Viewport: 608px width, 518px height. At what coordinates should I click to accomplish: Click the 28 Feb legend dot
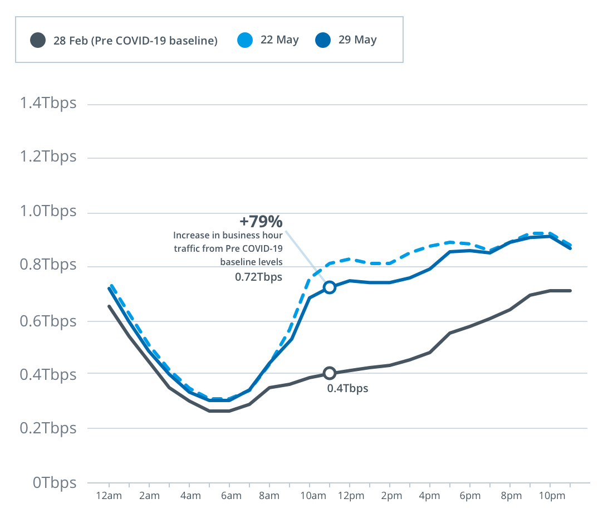tap(38, 40)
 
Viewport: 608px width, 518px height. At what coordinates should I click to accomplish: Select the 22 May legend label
tap(280, 40)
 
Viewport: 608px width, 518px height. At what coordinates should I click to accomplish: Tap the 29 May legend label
tap(357, 40)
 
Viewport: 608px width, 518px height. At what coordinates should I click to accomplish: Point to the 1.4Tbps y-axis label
tap(47, 104)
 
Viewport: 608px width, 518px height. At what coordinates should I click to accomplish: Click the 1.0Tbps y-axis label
tap(47, 212)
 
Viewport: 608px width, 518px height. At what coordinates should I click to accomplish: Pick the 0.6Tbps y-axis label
tap(47, 321)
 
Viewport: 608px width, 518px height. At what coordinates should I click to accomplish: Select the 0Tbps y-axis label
tap(54, 483)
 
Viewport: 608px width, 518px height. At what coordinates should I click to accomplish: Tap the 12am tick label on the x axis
tap(109, 496)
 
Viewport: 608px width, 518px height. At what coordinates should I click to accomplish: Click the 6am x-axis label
tap(231, 496)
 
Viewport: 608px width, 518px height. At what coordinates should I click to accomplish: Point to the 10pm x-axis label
tap(550, 496)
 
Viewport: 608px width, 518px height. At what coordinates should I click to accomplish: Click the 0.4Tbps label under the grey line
tap(347, 389)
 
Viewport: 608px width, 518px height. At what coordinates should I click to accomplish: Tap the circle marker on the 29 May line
tap(330, 287)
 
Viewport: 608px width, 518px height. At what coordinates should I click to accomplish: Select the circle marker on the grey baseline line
tap(330, 373)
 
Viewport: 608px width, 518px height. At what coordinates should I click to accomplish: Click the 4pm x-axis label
tap(430, 496)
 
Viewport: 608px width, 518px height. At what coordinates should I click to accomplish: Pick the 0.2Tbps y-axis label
tap(47, 428)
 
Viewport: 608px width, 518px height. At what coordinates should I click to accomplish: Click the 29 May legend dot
tap(323, 40)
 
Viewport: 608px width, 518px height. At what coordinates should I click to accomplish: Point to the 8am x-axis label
tap(269, 496)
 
